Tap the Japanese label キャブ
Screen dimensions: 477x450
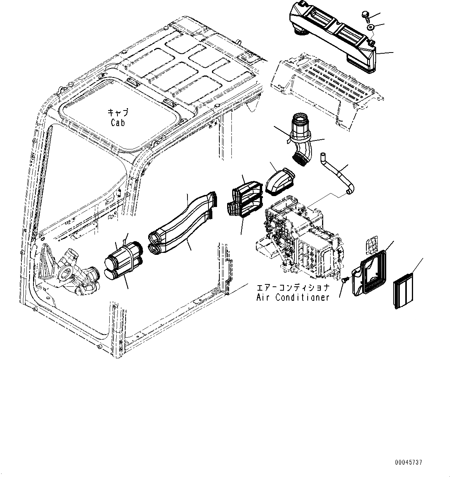tap(117, 112)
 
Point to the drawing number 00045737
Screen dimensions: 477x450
tap(408, 462)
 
